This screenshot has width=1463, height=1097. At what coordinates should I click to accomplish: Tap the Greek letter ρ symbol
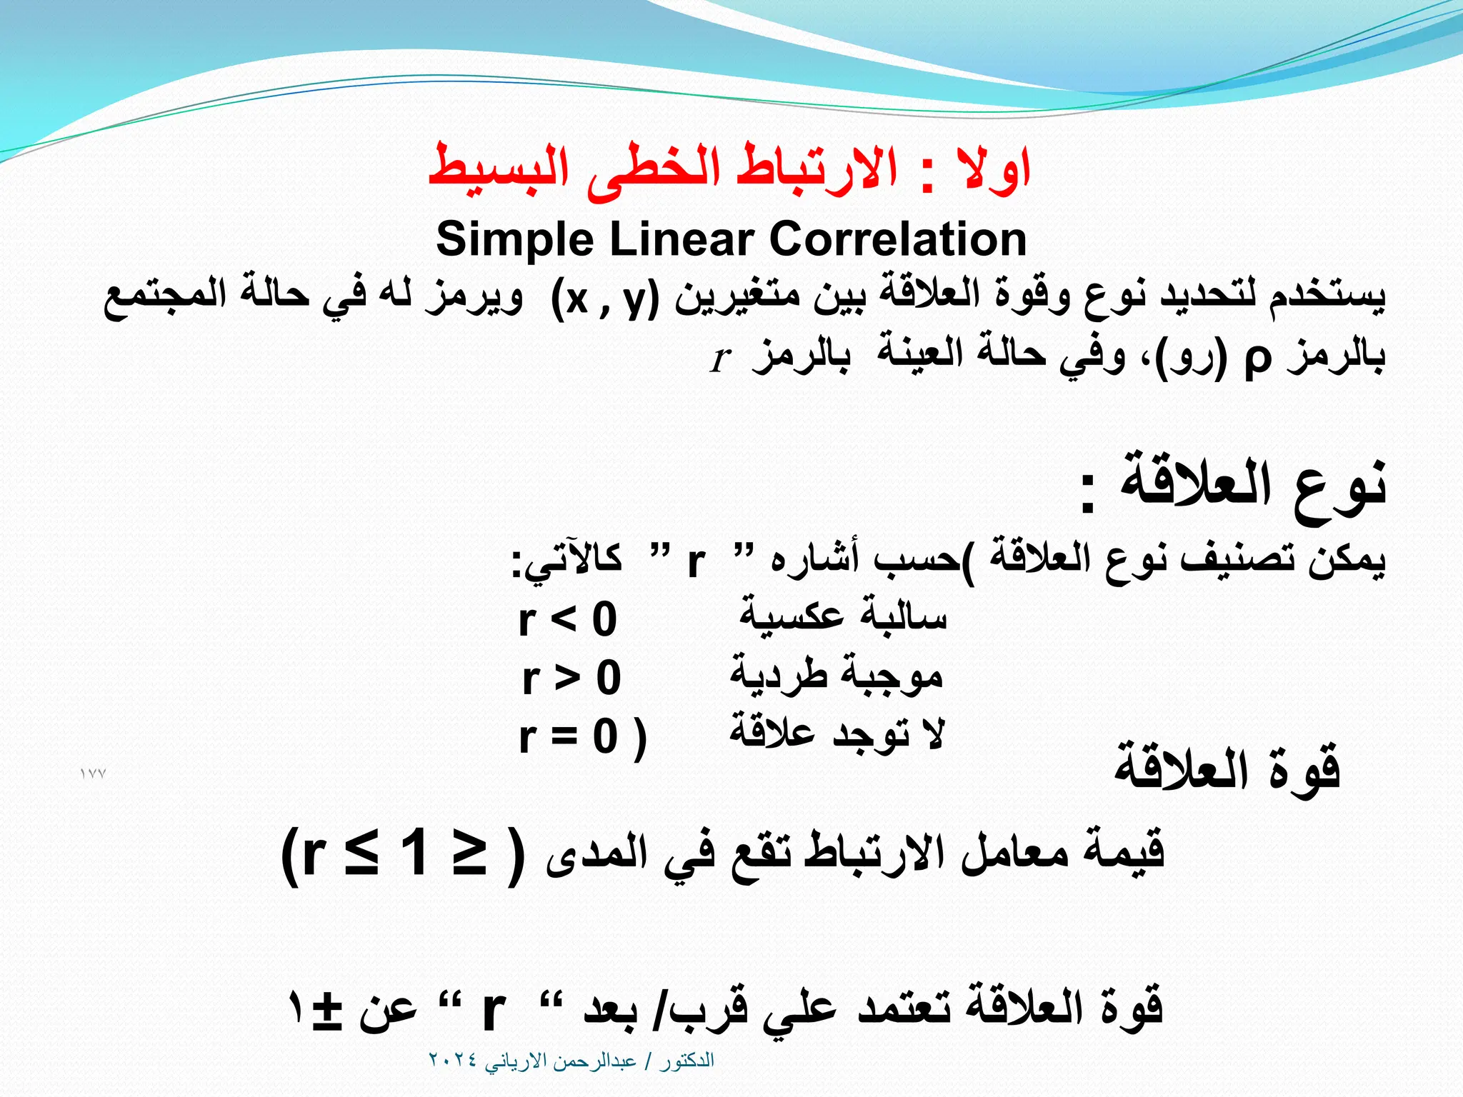coord(1257,358)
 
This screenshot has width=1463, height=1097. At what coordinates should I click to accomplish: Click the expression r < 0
coord(567,619)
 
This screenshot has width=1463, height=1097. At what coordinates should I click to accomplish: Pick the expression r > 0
coord(571,677)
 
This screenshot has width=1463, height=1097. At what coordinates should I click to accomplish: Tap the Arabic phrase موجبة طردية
coord(836,676)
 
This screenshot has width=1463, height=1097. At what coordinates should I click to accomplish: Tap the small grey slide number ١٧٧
coord(93,774)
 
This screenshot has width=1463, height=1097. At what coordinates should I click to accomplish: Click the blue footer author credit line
coord(571,1061)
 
